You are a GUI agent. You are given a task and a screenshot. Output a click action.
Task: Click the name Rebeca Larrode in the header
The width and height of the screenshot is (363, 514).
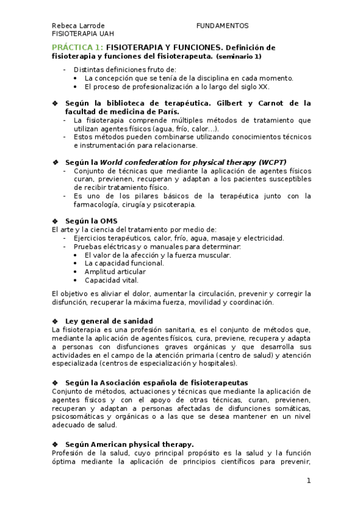pyautogui.click(x=78, y=25)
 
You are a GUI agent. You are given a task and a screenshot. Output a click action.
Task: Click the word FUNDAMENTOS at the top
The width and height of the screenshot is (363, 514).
pyautogui.click(x=222, y=25)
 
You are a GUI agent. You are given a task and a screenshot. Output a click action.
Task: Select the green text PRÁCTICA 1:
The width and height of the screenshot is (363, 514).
pyautogui.click(x=78, y=47)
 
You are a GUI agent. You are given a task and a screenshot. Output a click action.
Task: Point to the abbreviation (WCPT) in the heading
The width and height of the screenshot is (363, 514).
pyautogui.click(x=273, y=162)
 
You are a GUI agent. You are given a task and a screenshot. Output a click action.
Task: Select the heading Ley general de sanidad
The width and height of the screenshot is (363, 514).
pyautogui.click(x=109, y=321)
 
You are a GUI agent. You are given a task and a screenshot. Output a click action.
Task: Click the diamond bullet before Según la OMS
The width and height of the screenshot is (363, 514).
pyautogui.click(x=56, y=220)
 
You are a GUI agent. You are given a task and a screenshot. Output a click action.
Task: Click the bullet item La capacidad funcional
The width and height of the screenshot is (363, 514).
pyautogui.click(x=124, y=263)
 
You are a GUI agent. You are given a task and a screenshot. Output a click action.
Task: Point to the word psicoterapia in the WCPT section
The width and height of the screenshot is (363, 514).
pyautogui.click(x=175, y=205)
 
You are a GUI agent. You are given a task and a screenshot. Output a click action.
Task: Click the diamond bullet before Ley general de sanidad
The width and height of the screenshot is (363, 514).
pyautogui.click(x=56, y=321)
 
